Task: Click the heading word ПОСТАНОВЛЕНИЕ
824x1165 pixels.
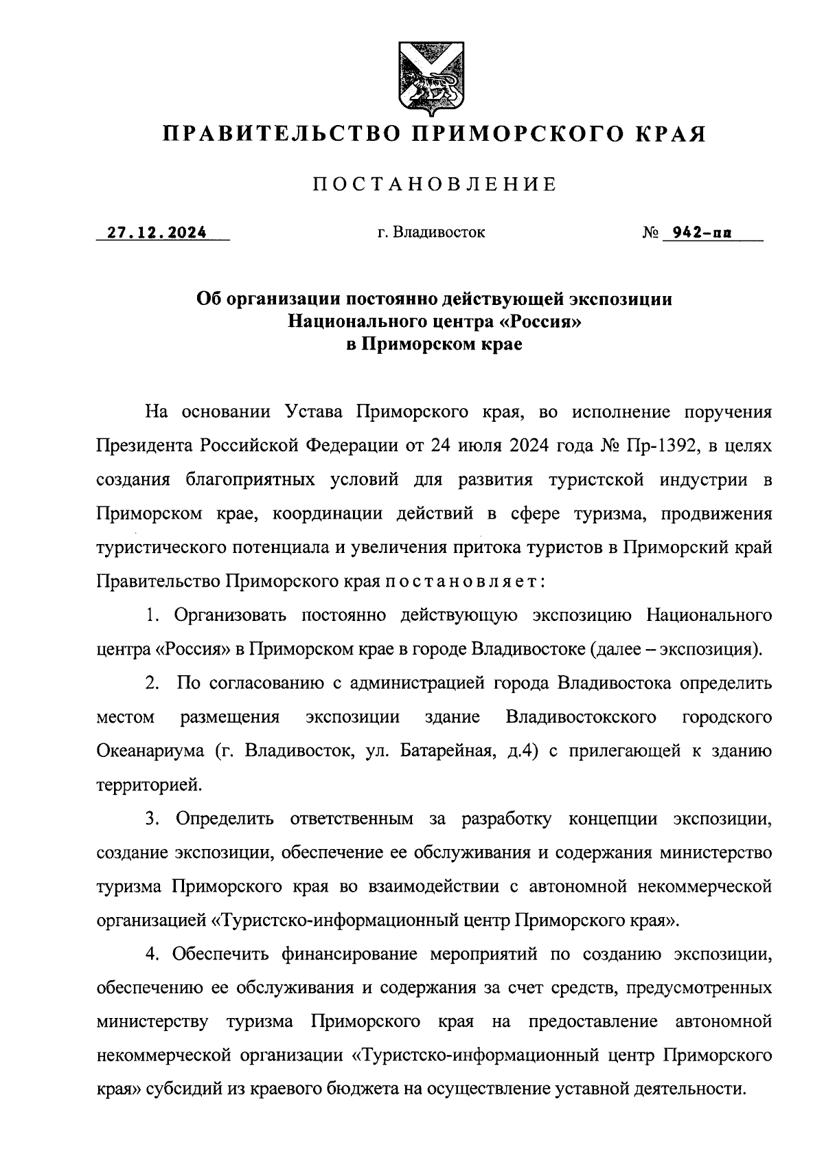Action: (434, 184)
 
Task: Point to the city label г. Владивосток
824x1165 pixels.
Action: (431, 232)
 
